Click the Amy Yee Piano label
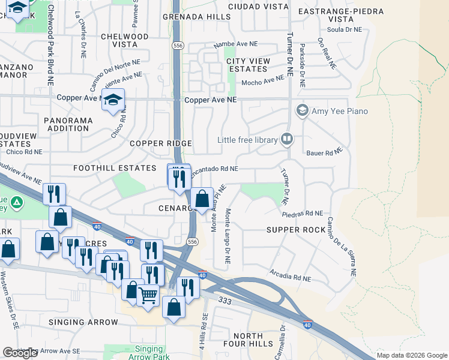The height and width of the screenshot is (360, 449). click(x=340, y=111)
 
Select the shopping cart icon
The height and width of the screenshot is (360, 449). click(x=148, y=294)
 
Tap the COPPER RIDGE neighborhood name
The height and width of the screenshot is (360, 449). click(x=161, y=143)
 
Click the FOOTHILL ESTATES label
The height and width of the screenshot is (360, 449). click(x=115, y=169)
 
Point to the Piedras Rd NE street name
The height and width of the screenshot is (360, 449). click(x=303, y=213)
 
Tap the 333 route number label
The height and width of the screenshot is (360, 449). click(x=225, y=300)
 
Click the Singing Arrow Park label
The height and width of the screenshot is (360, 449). click(x=148, y=353)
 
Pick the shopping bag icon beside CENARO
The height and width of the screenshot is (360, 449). click(x=203, y=198)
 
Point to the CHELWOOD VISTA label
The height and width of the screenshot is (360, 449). click(x=124, y=41)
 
